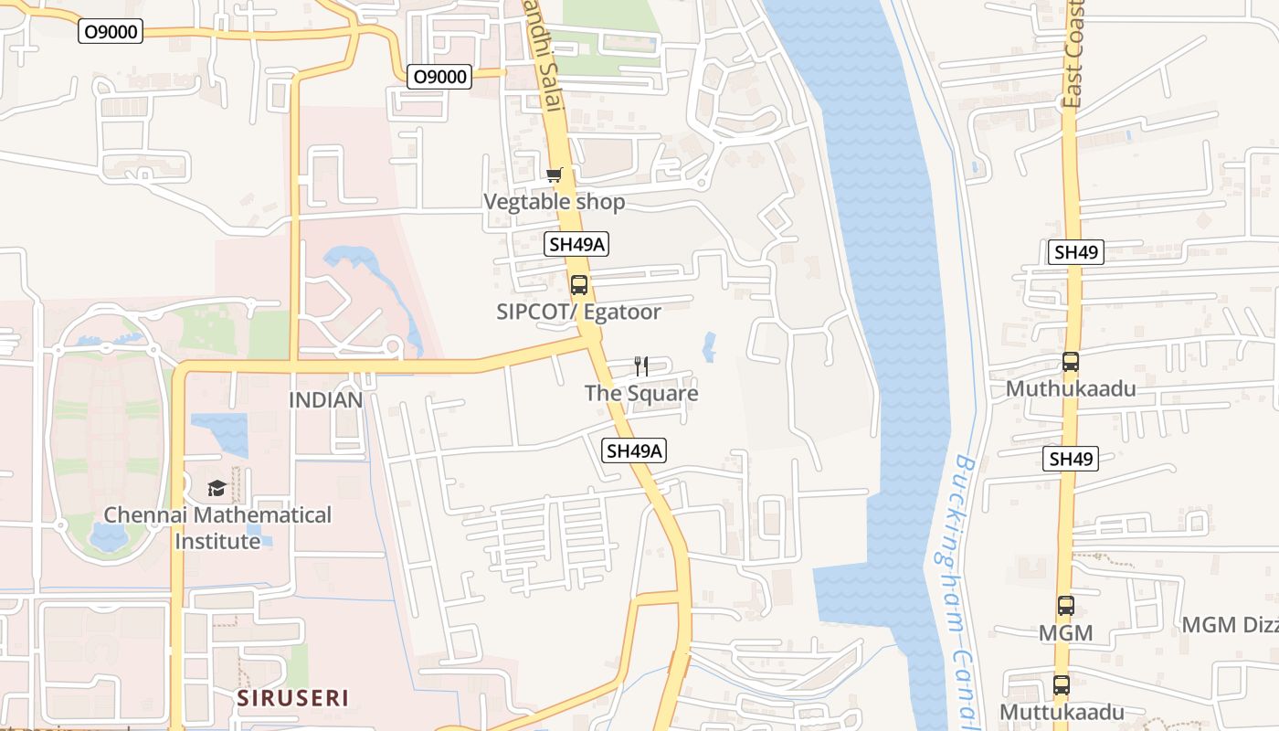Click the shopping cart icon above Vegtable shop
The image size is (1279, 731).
click(x=554, y=175)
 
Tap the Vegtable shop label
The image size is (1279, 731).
click(x=554, y=202)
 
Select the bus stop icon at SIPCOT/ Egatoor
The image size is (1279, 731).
click(x=578, y=284)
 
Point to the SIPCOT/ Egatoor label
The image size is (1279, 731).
click(x=578, y=312)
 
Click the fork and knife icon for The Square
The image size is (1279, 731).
click(x=641, y=366)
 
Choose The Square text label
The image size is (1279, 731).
click(x=641, y=394)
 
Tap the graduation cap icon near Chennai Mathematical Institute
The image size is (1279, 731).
click(x=217, y=488)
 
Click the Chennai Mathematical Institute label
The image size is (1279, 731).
click(x=217, y=527)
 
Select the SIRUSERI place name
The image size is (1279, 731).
click(x=293, y=698)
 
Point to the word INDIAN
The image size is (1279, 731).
click(x=326, y=400)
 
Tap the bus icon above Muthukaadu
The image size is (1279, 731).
click(x=1071, y=362)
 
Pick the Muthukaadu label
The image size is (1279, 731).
click(x=1071, y=389)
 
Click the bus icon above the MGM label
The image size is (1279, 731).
click(x=1066, y=605)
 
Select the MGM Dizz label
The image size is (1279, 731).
click(x=1230, y=625)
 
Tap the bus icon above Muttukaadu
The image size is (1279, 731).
click(x=1062, y=684)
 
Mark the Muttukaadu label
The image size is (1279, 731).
click(x=1062, y=712)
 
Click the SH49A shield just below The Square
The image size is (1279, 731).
click(x=635, y=450)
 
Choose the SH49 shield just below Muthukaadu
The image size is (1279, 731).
click(x=1071, y=459)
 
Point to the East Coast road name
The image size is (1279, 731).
click(x=1073, y=55)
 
